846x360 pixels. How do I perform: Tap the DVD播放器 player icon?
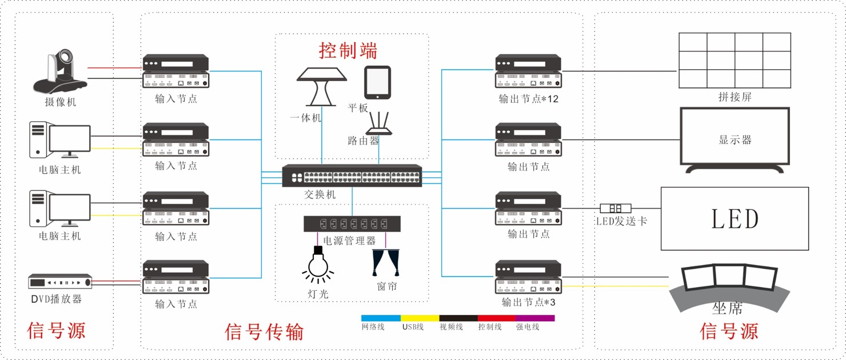pyautogui.click(x=60, y=282)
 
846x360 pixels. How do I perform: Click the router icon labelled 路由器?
pyautogui.click(x=379, y=124)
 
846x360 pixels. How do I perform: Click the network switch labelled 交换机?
pyautogui.click(x=352, y=176)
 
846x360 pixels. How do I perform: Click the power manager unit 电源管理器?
pyautogui.click(x=352, y=223)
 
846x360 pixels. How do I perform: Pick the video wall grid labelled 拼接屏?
pyautogui.click(x=735, y=60)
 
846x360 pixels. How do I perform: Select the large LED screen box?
pyautogui.click(x=735, y=218)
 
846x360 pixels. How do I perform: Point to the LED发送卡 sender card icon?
pyautogui.click(x=615, y=209)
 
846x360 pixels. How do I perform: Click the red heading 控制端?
pyautogui.click(x=348, y=51)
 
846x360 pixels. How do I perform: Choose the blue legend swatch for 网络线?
pyautogui.click(x=381, y=318)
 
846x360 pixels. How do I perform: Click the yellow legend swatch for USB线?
pyautogui.click(x=420, y=318)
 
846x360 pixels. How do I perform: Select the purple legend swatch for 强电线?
pyautogui.click(x=535, y=318)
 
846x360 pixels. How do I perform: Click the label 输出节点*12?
pyautogui.click(x=528, y=98)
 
